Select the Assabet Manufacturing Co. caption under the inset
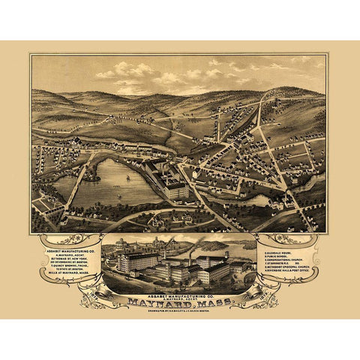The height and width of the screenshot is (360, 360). tap(180, 294)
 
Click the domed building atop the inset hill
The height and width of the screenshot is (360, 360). tap(121, 244)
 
